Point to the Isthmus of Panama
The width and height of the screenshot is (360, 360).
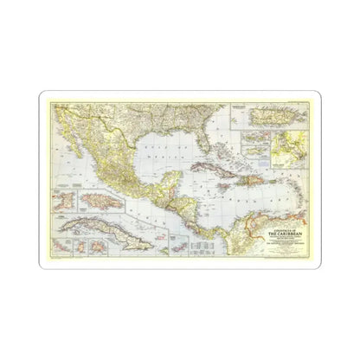click(209, 235)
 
